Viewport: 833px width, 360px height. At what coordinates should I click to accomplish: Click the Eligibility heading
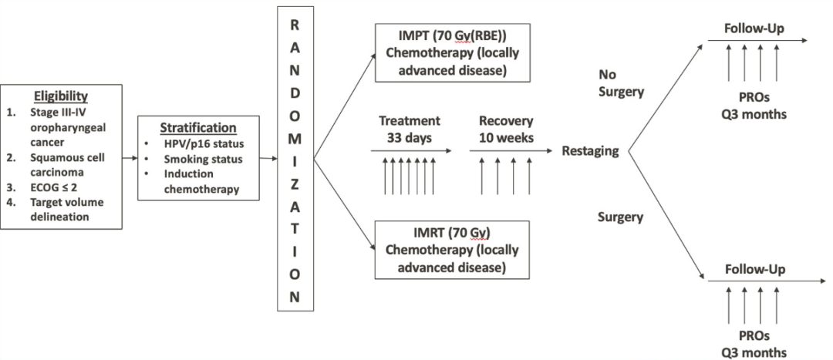point(62,97)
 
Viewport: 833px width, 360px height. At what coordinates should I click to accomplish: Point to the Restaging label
point(591,151)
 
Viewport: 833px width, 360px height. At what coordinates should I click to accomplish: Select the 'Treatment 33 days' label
point(409,130)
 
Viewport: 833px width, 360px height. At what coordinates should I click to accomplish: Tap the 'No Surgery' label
point(621,82)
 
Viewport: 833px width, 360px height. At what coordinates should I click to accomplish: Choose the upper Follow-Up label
point(754,29)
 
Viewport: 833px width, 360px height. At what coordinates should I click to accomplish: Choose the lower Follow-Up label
point(754,270)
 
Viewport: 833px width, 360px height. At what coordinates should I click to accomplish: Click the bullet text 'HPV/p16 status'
point(205,145)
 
